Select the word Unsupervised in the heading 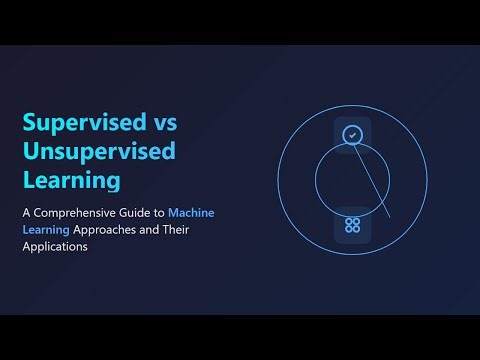(99, 152)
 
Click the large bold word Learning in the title (72, 182)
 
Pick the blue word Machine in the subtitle (191, 213)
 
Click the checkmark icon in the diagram (352, 135)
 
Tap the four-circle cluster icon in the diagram (352, 224)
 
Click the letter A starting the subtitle (27, 213)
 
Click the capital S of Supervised (30, 122)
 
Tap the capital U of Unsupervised (31, 152)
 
